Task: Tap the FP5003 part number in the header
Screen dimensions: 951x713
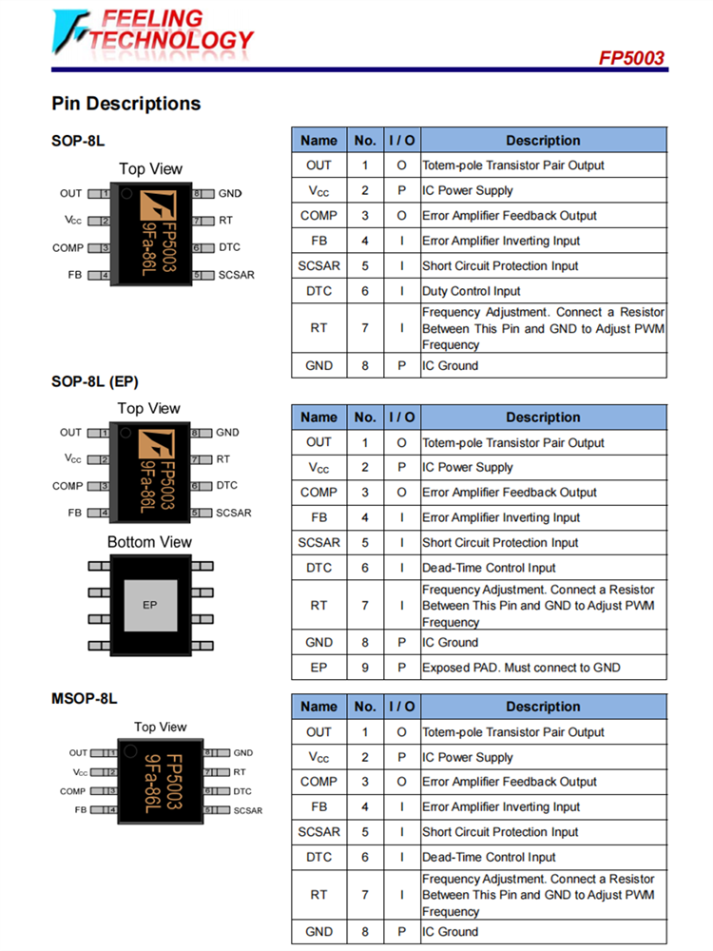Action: [631, 58]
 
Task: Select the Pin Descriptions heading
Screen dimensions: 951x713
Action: [125, 104]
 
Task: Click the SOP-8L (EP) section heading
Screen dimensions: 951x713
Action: [95, 382]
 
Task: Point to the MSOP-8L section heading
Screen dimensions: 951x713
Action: [85, 698]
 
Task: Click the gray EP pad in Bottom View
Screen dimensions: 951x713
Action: [149, 605]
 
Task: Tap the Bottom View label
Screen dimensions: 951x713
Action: [149, 542]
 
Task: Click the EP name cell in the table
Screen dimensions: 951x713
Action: [318, 668]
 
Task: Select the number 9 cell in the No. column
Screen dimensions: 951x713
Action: [365, 668]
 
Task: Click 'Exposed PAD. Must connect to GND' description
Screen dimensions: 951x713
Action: [521, 668]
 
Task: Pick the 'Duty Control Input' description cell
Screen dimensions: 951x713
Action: [472, 291]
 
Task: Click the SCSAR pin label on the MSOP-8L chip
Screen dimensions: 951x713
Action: [248, 810]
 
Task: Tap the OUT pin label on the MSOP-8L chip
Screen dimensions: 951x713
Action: [78, 753]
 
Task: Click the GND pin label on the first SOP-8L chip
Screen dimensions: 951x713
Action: [230, 193]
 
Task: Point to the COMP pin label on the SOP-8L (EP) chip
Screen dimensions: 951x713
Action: [67, 486]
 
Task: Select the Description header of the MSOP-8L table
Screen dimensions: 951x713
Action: [543, 707]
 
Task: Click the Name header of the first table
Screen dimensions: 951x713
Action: [318, 141]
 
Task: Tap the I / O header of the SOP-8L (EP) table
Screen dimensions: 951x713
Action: [401, 417]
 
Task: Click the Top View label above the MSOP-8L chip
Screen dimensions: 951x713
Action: [161, 727]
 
